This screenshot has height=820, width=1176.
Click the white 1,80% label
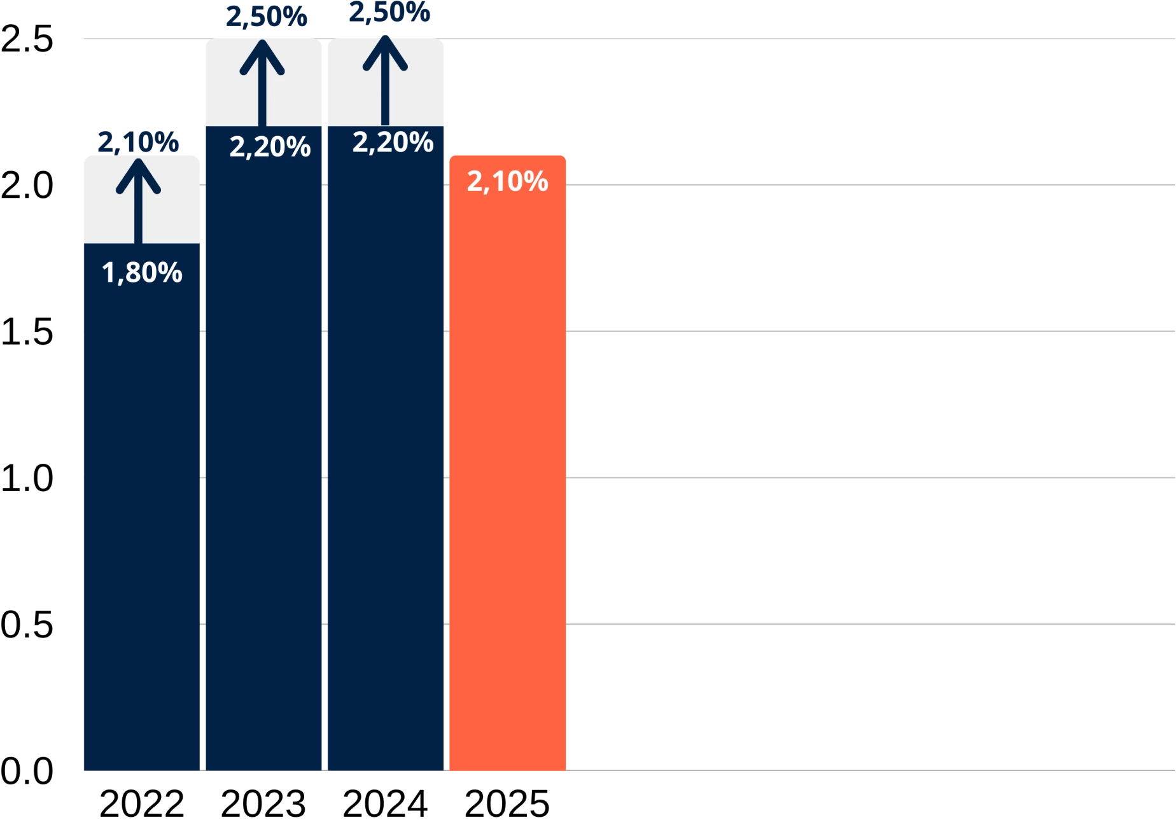point(142,273)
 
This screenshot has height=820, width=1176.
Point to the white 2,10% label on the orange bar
point(507,181)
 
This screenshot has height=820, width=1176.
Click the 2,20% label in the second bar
point(270,147)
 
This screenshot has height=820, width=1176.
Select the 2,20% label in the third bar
point(393,142)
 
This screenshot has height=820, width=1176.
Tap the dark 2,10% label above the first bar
point(138,141)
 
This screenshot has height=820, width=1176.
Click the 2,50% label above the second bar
point(266,17)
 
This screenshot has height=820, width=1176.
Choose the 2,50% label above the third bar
point(388,13)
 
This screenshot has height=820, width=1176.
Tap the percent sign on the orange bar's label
point(536,181)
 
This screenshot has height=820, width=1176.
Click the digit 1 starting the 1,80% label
point(107,273)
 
